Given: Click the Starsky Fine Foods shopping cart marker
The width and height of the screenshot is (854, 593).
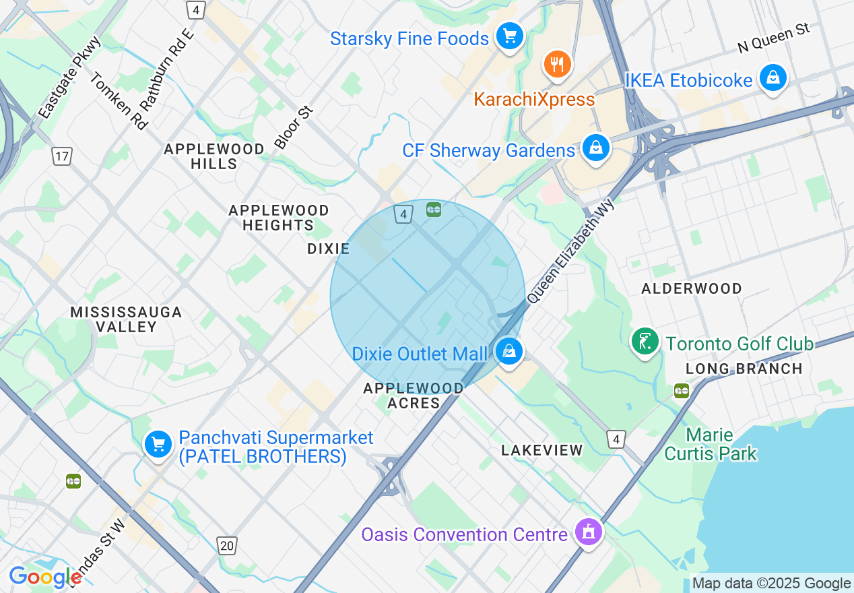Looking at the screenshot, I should [x=509, y=37].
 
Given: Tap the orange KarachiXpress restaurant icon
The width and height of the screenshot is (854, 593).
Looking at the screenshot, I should [x=557, y=65].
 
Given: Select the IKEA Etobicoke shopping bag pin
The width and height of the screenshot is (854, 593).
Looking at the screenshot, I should [x=773, y=79].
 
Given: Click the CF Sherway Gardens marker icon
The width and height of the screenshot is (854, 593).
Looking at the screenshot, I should [x=595, y=148].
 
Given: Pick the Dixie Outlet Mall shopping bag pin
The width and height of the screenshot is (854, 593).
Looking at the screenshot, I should [x=509, y=351].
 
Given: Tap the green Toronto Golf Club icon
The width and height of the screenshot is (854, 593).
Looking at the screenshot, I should [x=645, y=342].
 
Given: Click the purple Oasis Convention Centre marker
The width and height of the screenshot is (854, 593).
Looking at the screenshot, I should [x=589, y=532].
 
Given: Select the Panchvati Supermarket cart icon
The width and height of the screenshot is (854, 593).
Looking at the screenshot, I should [x=158, y=444].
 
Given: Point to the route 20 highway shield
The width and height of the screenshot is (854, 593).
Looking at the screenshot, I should [x=227, y=545].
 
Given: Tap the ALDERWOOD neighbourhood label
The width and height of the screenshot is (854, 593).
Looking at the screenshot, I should [x=692, y=288].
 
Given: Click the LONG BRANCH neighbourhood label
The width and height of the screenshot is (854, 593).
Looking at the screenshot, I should [x=744, y=369].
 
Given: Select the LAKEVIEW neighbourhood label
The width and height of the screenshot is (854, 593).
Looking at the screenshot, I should [x=542, y=450].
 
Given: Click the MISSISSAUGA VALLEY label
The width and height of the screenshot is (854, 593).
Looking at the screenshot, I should [x=127, y=319].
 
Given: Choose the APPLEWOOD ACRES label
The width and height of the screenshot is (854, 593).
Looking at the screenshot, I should [x=414, y=396].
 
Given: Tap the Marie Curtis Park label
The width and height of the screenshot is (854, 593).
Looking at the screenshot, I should [x=711, y=444].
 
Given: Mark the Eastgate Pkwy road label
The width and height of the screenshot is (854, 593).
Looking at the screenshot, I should [x=69, y=78].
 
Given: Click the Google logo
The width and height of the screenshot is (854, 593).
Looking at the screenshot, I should [x=45, y=578].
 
